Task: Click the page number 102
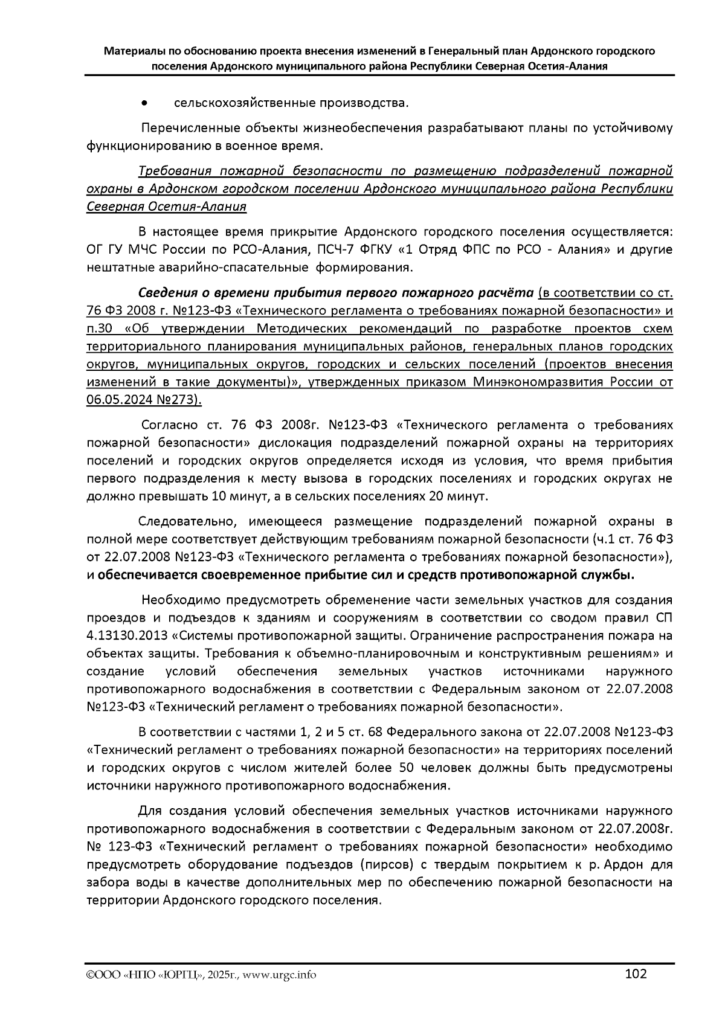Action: [x=636, y=974]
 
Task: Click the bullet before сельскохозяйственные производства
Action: [x=144, y=104]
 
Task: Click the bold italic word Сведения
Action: [x=167, y=294]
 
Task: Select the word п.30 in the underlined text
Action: [x=100, y=329]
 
